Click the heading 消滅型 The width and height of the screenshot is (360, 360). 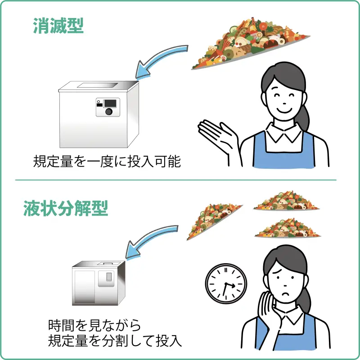pyautogui.click(x=58, y=27)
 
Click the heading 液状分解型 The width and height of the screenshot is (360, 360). pyautogui.click(x=66, y=209)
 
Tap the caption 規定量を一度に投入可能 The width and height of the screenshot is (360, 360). pyautogui.click(x=107, y=161)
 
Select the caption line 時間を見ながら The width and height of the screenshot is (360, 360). pyautogui.click(x=94, y=325)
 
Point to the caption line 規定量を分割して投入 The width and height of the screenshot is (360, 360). pyautogui.click(x=115, y=341)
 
